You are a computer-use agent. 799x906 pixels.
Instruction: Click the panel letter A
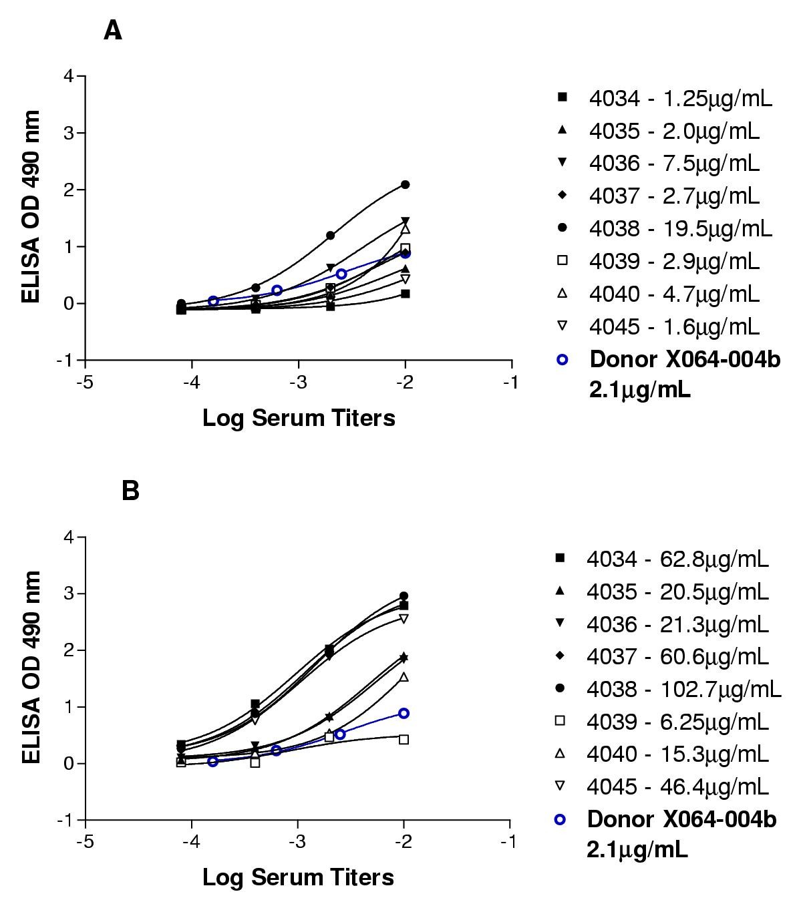coord(113,31)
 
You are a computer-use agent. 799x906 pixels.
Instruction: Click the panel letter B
coord(130,491)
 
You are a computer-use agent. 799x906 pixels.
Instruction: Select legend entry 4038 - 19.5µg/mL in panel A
coord(680,228)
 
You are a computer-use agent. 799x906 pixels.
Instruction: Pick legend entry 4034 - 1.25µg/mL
coord(680,98)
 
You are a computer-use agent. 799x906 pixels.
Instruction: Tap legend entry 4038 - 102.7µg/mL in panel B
coord(683,688)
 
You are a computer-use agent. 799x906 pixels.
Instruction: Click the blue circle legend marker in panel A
coord(562,359)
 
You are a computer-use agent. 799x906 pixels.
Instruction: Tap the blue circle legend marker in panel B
coord(561,819)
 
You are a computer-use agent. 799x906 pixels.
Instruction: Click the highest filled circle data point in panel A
coord(405,184)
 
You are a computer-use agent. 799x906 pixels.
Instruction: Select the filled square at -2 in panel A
coord(405,294)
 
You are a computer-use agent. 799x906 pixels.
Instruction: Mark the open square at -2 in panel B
coord(404,739)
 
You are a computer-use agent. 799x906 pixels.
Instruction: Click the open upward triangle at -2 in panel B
coord(404,677)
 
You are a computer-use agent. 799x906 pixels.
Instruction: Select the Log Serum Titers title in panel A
coord(299,419)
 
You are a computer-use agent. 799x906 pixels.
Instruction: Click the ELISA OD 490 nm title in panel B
coord(31,668)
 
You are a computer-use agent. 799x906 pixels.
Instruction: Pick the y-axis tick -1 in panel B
coord(67,820)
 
